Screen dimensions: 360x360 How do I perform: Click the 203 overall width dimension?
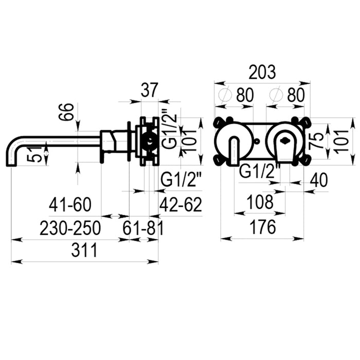pos(262,73)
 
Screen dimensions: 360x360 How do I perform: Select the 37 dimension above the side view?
pos(149,90)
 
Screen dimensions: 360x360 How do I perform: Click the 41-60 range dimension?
pos(70,205)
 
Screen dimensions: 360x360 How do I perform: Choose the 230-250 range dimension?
pos(70,228)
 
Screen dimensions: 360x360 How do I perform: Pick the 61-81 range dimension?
pos(143,228)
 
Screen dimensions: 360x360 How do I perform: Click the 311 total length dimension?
pos(84,250)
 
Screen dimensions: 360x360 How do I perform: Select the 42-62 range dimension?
pos(181,205)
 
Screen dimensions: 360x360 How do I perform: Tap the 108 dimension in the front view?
pos(259,202)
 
